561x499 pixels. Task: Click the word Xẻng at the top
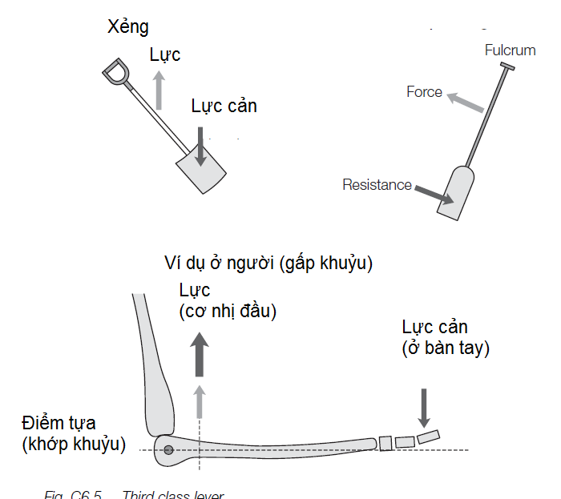point(128,27)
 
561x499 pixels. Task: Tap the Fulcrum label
point(510,50)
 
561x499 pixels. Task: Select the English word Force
point(424,92)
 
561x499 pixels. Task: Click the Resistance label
point(377,185)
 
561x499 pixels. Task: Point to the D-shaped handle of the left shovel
point(116,72)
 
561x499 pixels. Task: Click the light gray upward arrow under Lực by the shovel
point(159,90)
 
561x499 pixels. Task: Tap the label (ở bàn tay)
point(446,348)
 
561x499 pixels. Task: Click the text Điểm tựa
point(59,423)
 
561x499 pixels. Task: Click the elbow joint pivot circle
point(168,449)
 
